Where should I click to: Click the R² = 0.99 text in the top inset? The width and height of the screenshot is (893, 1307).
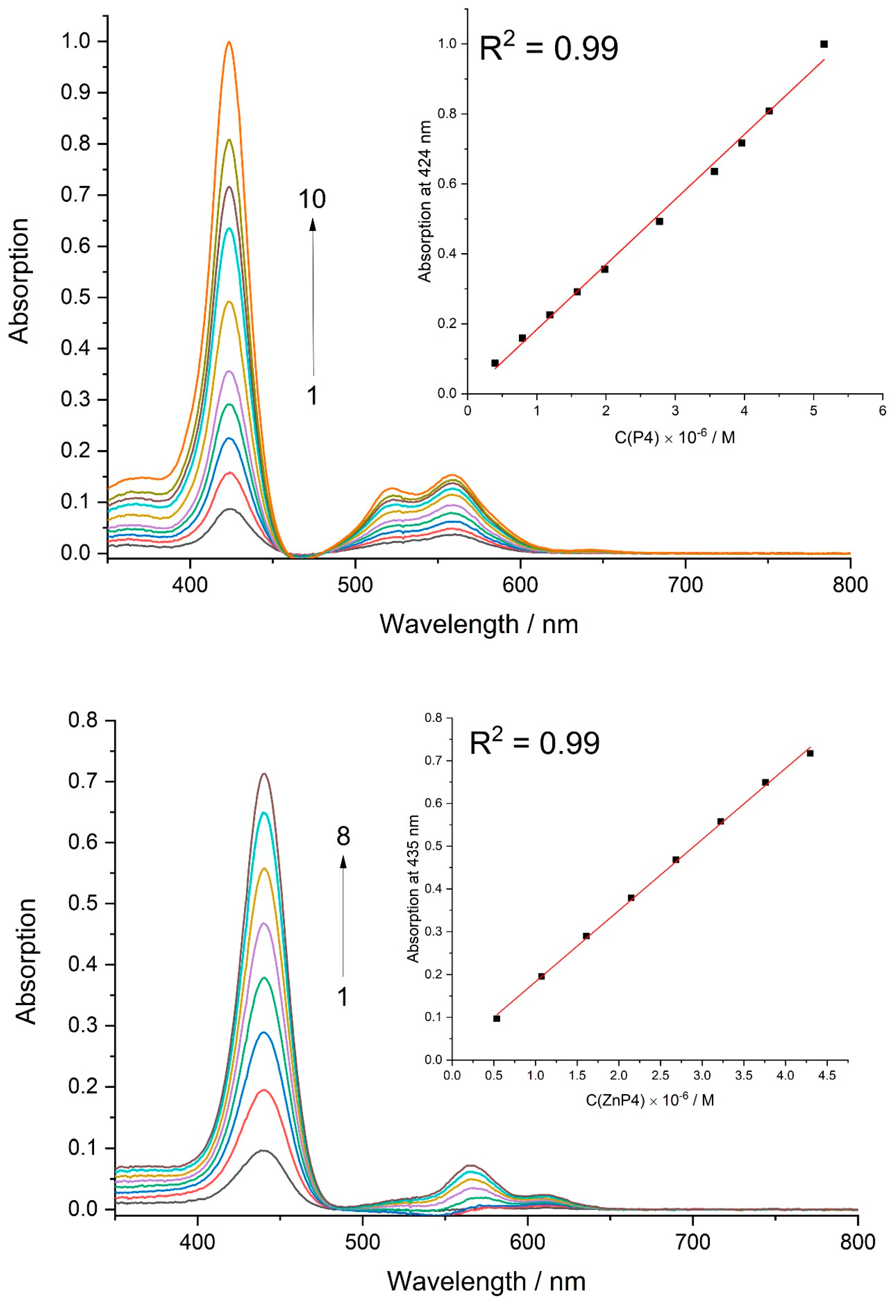pyautogui.click(x=548, y=48)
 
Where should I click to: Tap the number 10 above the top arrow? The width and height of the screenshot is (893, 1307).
pyautogui.click(x=311, y=200)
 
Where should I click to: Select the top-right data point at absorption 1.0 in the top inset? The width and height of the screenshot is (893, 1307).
pyautogui.click(x=824, y=44)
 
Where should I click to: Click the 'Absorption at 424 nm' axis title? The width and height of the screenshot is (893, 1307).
pyautogui.click(x=425, y=201)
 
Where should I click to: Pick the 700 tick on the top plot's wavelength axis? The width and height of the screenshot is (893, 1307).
pyautogui.click(x=685, y=585)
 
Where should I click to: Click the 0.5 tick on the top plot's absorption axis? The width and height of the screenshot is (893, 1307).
pyautogui.click(x=76, y=297)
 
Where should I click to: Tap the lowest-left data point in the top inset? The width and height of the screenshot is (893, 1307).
pyautogui.click(x=495, y=363)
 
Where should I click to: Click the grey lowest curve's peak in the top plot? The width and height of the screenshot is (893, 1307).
pyautogui.click(x=230, y=509)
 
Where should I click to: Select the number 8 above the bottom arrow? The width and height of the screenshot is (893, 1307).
pyautogui.click(x=343, y=837)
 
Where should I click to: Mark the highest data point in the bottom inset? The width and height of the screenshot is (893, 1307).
pyautogui.click(x=810, y=753)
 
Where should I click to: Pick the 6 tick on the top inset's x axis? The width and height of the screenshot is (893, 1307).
pyautogui.click(x=882, y=411)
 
